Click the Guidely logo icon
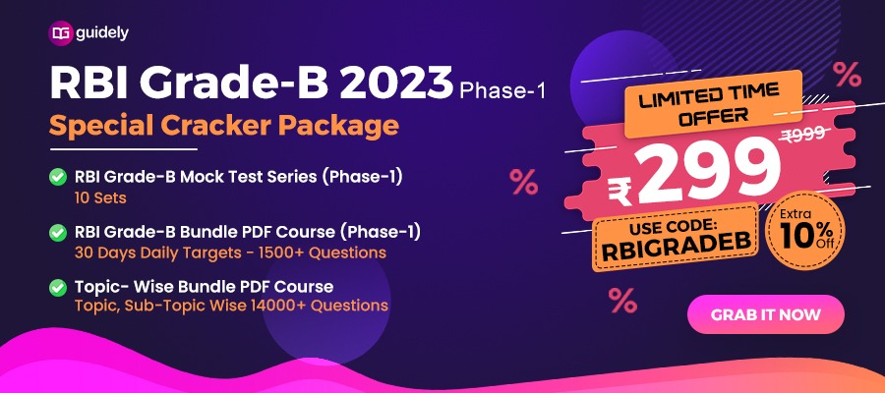tap(61, 33)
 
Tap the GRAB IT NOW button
tap(765, 314)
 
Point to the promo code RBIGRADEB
tap(678, 250)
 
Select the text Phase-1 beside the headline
tap(501, 90)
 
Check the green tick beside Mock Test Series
tap(58, 177)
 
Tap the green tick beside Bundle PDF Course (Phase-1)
tap(58, 232)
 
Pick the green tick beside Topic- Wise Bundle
tap(58, 288)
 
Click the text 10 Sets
tap(100, 197)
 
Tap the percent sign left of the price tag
tap(524, 182)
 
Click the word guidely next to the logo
tap(102, 33)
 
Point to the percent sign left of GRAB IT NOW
tap(622, 300)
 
